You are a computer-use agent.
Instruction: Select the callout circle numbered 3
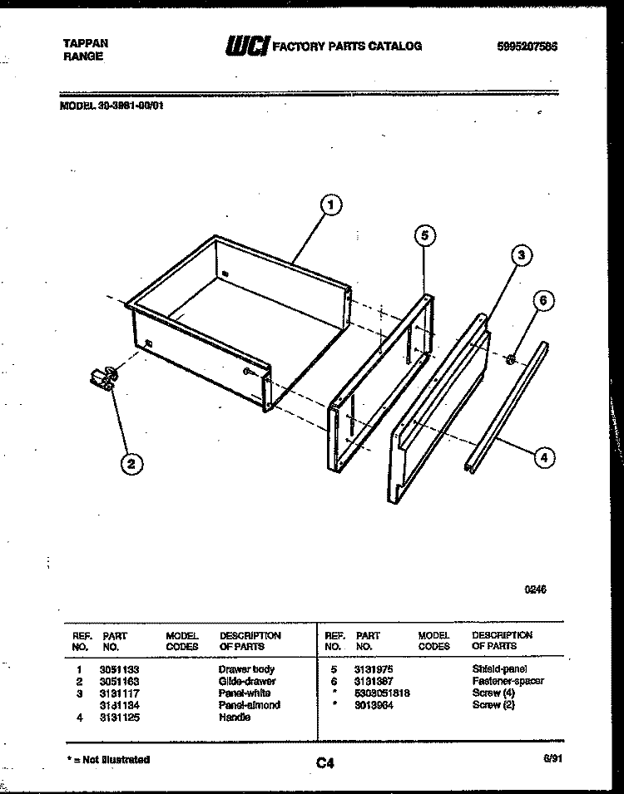coord(520,256)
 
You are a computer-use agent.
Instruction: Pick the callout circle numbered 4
coord(544,456)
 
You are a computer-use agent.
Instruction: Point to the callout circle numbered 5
coord(424,236)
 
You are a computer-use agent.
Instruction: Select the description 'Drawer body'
coord(246,669)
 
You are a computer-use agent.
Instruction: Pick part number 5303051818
coord(383,693)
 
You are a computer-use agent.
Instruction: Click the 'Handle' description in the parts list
coord(235,717)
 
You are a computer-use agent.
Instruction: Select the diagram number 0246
coord(534,591)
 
